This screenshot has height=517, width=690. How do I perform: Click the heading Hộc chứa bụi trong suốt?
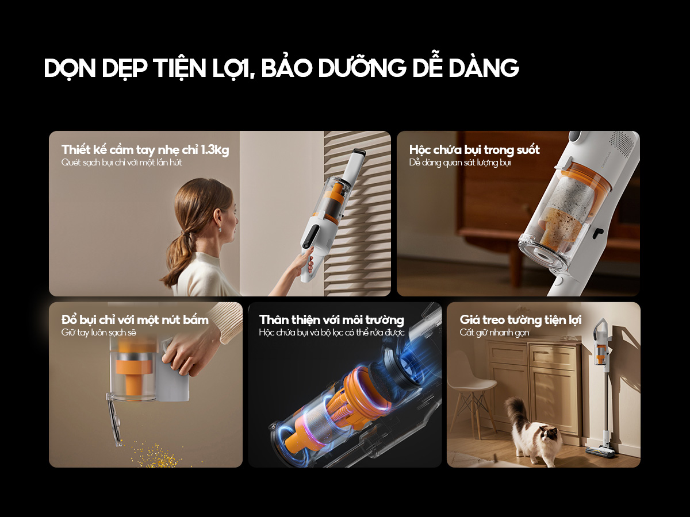(x=474, y=150)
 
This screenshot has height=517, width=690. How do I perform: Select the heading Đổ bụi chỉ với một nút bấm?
(x=135, y=320)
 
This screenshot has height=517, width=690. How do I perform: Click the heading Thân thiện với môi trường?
(x=332, y=320)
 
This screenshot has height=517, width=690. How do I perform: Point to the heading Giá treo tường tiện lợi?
(x=520, y=320)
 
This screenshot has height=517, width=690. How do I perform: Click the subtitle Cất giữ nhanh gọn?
(x=494, y=333)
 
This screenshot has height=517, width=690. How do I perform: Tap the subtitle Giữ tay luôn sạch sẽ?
(x=99, y=333)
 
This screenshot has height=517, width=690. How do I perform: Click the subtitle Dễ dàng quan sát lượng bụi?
(x=460, y=163)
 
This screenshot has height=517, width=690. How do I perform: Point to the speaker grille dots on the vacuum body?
(x=621, y=144)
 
